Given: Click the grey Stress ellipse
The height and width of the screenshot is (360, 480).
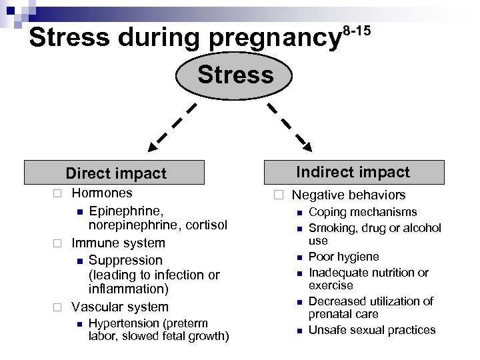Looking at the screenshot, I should click(235, 75).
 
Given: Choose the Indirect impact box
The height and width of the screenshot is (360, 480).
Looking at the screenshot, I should click(353, 172).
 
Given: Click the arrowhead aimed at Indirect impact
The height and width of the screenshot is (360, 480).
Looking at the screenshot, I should click(305, 141).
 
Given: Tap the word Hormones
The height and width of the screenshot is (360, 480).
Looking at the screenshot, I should click(102, 193).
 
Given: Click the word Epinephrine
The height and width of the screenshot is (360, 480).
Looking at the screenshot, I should click(121, 211).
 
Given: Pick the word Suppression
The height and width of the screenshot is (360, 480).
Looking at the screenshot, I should click(125, 259).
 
